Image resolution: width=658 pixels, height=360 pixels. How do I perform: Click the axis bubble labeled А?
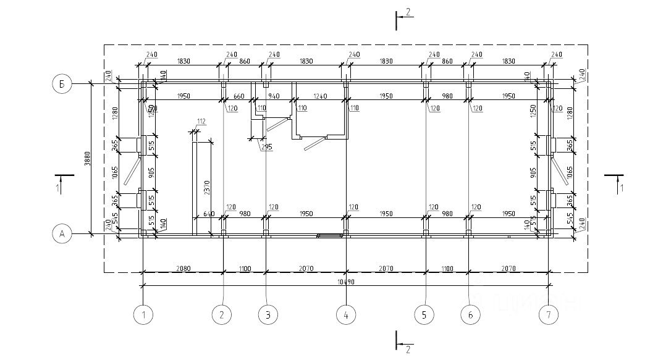(x=62, y=233)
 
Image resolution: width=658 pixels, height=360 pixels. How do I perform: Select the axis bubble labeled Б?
(x=62, y=84)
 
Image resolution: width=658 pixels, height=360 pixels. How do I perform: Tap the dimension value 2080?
(x=183, y=268)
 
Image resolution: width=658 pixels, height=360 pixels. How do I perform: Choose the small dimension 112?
(x=201, y=121)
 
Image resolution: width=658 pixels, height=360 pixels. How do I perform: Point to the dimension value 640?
(x=208, y=214)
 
